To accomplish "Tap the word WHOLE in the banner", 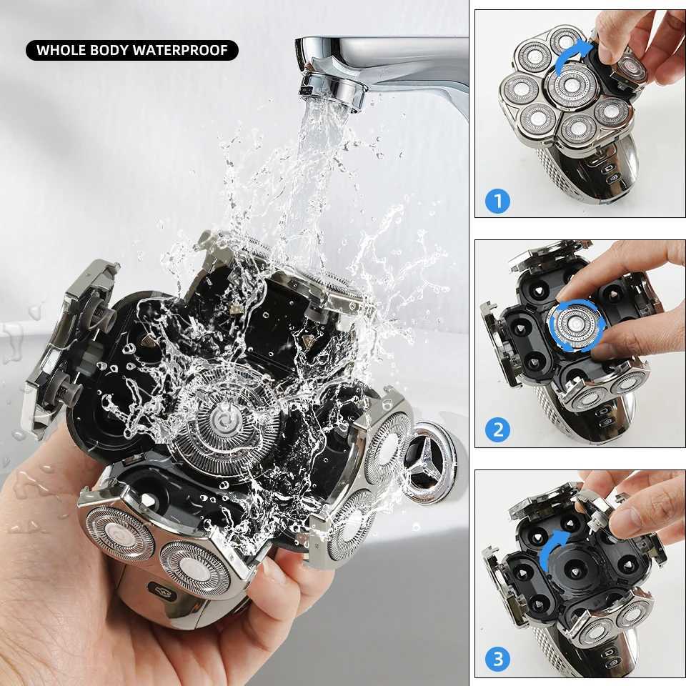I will click(x=64, y=50).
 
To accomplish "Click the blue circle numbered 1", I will click(x=497, y=201).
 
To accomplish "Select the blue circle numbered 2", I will click(x=497, y=430).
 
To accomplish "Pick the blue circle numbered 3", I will click(x=497, y=659).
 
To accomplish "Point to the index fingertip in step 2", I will click(x=572, y=289).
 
